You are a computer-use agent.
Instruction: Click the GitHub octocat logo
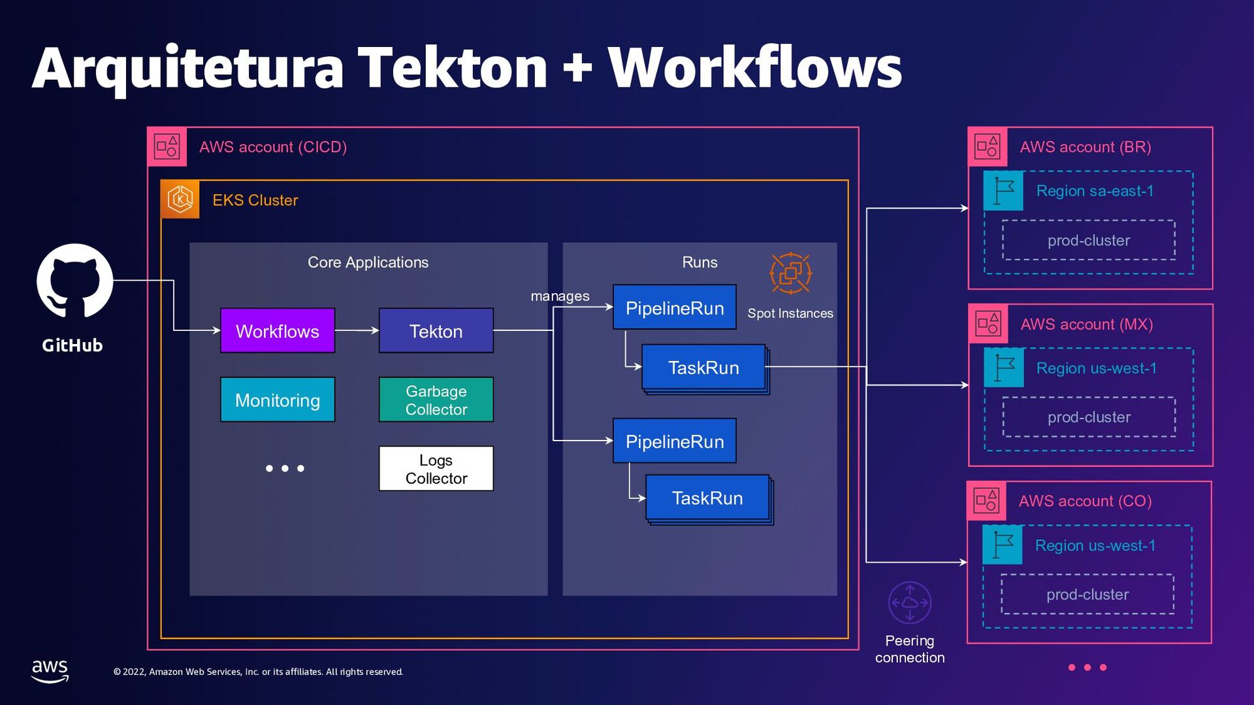[x=74, y=281]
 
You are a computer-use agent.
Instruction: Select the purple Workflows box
[x=278, y=331]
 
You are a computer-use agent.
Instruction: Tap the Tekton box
[x=436, y=331]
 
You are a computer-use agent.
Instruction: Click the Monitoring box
[x=278, y=400]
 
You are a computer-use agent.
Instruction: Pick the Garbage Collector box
[x=436, y=400]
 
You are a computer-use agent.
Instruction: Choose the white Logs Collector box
[x=436, y=469]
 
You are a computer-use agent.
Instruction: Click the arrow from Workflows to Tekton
[x=357, y=331]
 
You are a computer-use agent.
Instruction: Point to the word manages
[x=560, y=296]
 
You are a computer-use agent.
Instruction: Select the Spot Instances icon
[x=790, y=274]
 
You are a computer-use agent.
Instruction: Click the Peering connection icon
[x=910, y=603]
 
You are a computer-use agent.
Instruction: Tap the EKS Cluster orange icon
[x=180, y=199]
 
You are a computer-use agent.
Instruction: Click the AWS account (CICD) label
[x=273, y=147]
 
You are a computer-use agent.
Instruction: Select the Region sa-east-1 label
[x=1095, y=191]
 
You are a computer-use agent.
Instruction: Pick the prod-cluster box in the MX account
[x=1089, y=417]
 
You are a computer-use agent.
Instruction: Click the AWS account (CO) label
[x=1085, y=501]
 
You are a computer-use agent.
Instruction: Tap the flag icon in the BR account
[x=1003, y=191]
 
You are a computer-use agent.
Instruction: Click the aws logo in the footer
[x=50, y=670]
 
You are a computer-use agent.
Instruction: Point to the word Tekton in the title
[x=453, y=68]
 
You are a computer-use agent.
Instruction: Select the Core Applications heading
[x=368, y=262]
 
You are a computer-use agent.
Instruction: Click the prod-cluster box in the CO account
[x=1087, y=595]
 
